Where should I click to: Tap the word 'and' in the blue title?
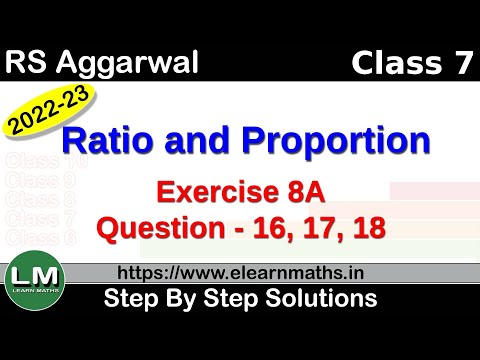click(213, 140)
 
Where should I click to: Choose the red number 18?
click(366, 228)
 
